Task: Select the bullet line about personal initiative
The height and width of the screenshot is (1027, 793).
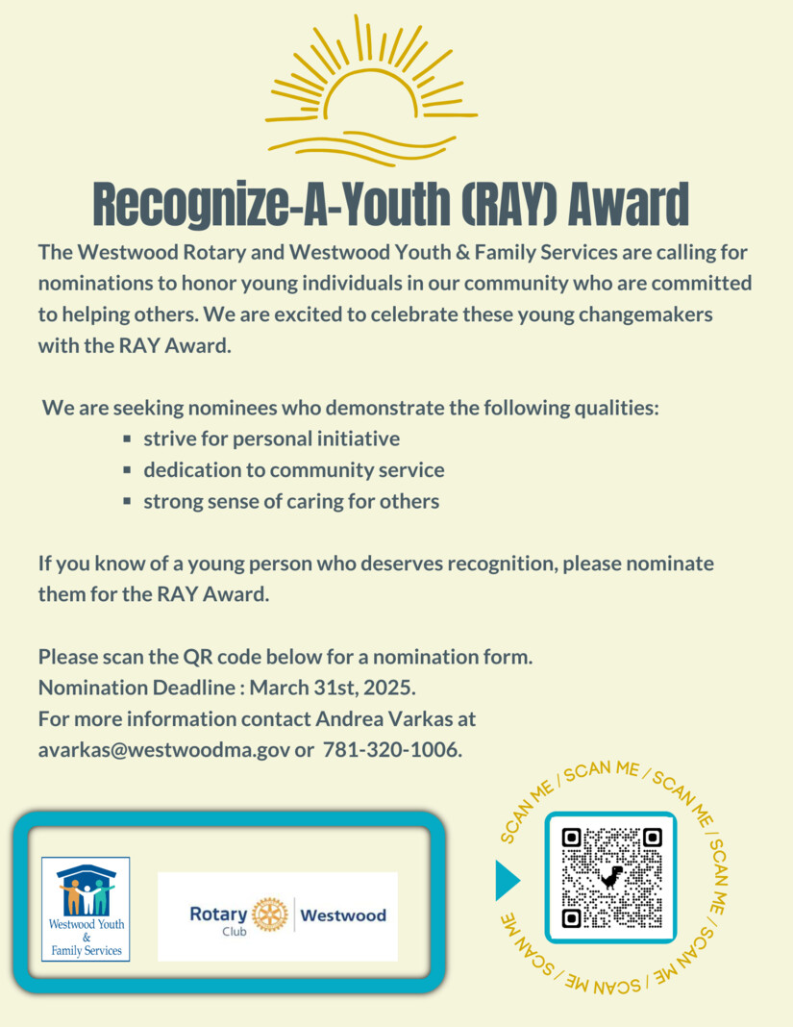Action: [x=271, y=439]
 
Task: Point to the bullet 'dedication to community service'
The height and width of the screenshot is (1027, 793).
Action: [x=293, y=470]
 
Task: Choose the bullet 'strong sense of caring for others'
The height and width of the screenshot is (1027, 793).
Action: [x=290, y=501]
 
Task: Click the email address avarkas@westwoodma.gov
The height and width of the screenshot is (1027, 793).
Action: [x=162, y=749]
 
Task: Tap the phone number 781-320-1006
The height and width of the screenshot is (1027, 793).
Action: [x=392, y=749]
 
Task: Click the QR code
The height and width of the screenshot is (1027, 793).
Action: [x=611, y=877]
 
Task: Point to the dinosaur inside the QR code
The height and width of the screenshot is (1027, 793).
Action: [x=611, y=876]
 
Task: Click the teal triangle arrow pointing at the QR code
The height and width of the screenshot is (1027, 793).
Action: [x=507, y=880]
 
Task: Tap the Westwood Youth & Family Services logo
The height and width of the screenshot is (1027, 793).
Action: [x=86, y=909]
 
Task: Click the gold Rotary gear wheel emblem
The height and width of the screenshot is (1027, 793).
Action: [x=269, y=914]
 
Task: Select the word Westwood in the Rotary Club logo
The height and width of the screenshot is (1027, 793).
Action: [x=343, y=914]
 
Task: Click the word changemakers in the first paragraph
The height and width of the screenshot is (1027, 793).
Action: [x=626, y=315]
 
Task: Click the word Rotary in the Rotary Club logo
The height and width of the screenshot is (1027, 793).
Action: [x=217, y=914]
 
